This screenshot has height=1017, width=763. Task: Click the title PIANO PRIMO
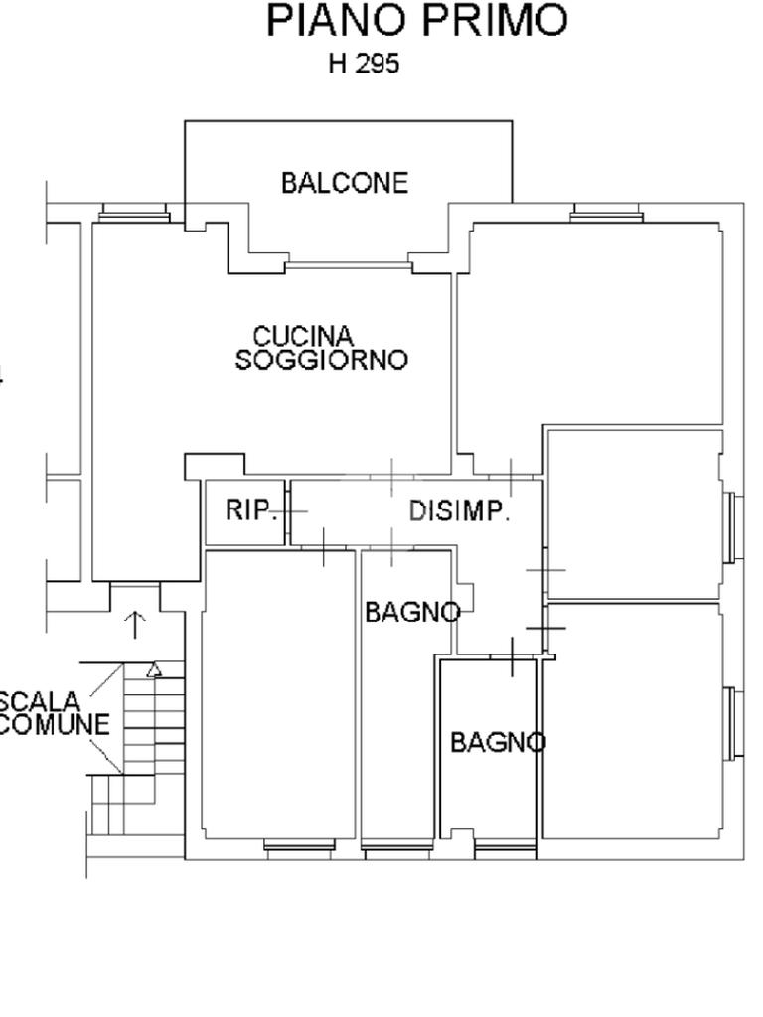417,21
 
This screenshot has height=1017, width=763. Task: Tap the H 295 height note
364,65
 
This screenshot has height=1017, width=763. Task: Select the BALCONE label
344,183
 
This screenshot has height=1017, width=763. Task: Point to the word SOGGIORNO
321,360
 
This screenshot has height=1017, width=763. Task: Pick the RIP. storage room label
250,510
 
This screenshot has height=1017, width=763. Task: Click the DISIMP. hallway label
459,511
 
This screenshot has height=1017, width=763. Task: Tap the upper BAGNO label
411,612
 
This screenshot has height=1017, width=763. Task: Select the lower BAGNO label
497,742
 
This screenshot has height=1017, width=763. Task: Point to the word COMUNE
54,725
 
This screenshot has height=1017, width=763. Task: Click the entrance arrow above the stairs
135,625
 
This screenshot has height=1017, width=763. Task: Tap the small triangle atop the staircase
154,670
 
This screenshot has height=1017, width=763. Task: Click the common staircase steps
139,755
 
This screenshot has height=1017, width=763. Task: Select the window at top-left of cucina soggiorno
134,213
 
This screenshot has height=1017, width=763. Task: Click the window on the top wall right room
607,213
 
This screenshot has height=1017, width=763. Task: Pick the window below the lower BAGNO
506,849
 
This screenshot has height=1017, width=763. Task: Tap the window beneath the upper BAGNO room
398,849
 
